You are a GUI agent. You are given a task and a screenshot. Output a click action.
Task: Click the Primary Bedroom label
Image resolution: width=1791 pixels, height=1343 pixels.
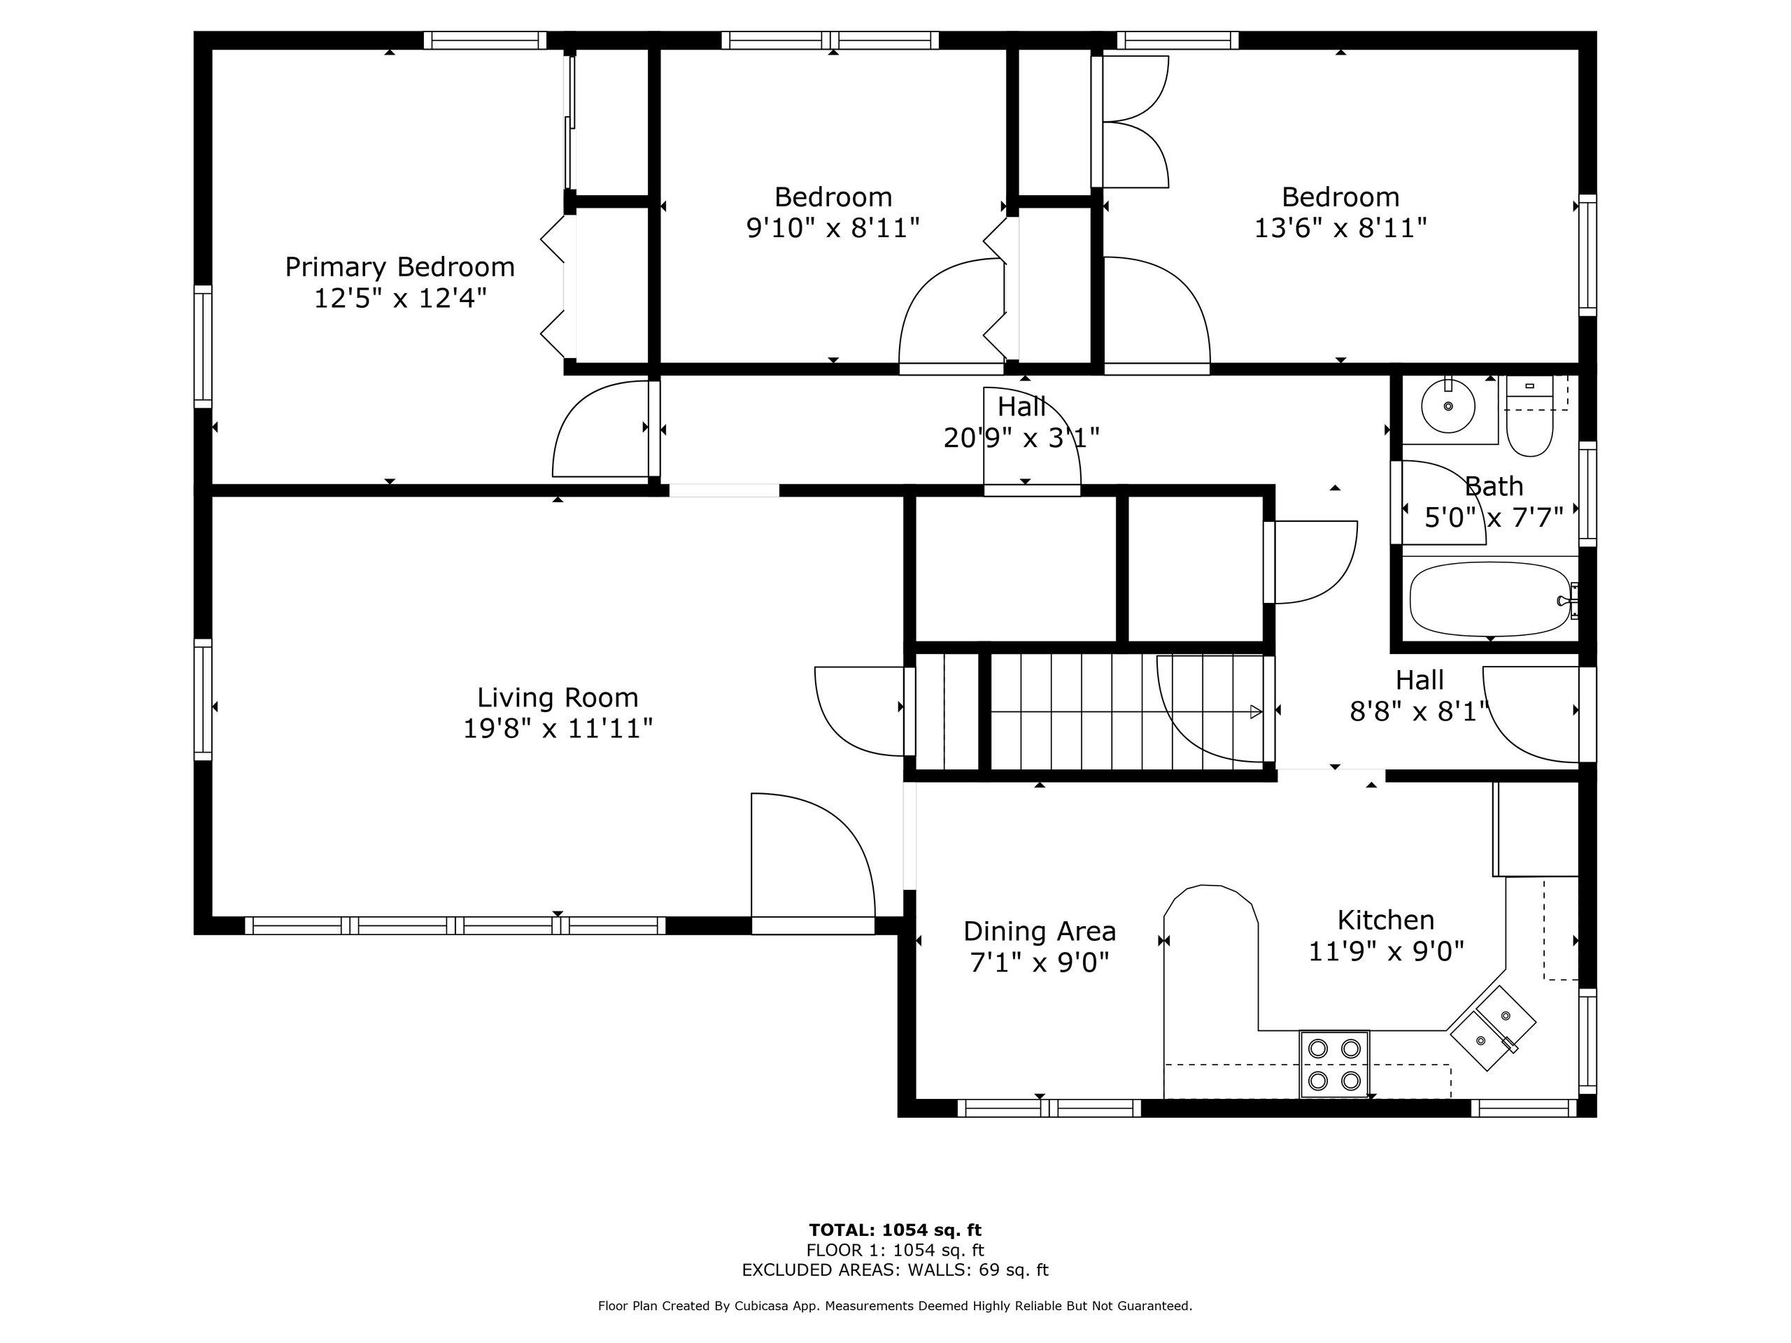click(399, 267)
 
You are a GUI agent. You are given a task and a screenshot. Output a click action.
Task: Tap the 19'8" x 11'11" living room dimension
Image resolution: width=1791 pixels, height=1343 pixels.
click(557, 730)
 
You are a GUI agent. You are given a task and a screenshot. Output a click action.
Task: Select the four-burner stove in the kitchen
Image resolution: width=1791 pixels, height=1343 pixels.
click(1334, 1065)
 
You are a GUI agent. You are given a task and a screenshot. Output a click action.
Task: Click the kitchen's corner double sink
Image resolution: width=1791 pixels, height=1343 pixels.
click(1492, 1028)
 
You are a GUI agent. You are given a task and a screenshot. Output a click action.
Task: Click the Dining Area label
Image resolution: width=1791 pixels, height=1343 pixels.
click(1040, 932)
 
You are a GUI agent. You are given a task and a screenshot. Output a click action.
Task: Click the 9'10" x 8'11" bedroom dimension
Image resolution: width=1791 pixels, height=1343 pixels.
click(833, 228)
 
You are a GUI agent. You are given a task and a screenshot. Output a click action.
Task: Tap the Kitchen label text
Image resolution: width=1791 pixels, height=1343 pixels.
click(1385, 921)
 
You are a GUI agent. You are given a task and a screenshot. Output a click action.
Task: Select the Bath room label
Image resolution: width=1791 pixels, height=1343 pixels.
click(1494, 487)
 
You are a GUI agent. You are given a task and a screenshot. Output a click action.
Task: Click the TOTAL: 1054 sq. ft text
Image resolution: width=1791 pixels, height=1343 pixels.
click(895, 1231)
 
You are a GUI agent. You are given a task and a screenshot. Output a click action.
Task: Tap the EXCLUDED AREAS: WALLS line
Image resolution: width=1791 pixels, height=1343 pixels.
click(895, 1270)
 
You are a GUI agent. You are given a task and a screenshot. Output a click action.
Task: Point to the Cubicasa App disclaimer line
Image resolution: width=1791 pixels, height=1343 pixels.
click(895, 1306)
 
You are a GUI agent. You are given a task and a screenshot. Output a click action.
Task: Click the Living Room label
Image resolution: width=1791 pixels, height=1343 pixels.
click(557, 698)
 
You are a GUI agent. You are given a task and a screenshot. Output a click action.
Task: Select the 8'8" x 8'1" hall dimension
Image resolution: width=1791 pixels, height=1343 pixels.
click(1420, 711)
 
